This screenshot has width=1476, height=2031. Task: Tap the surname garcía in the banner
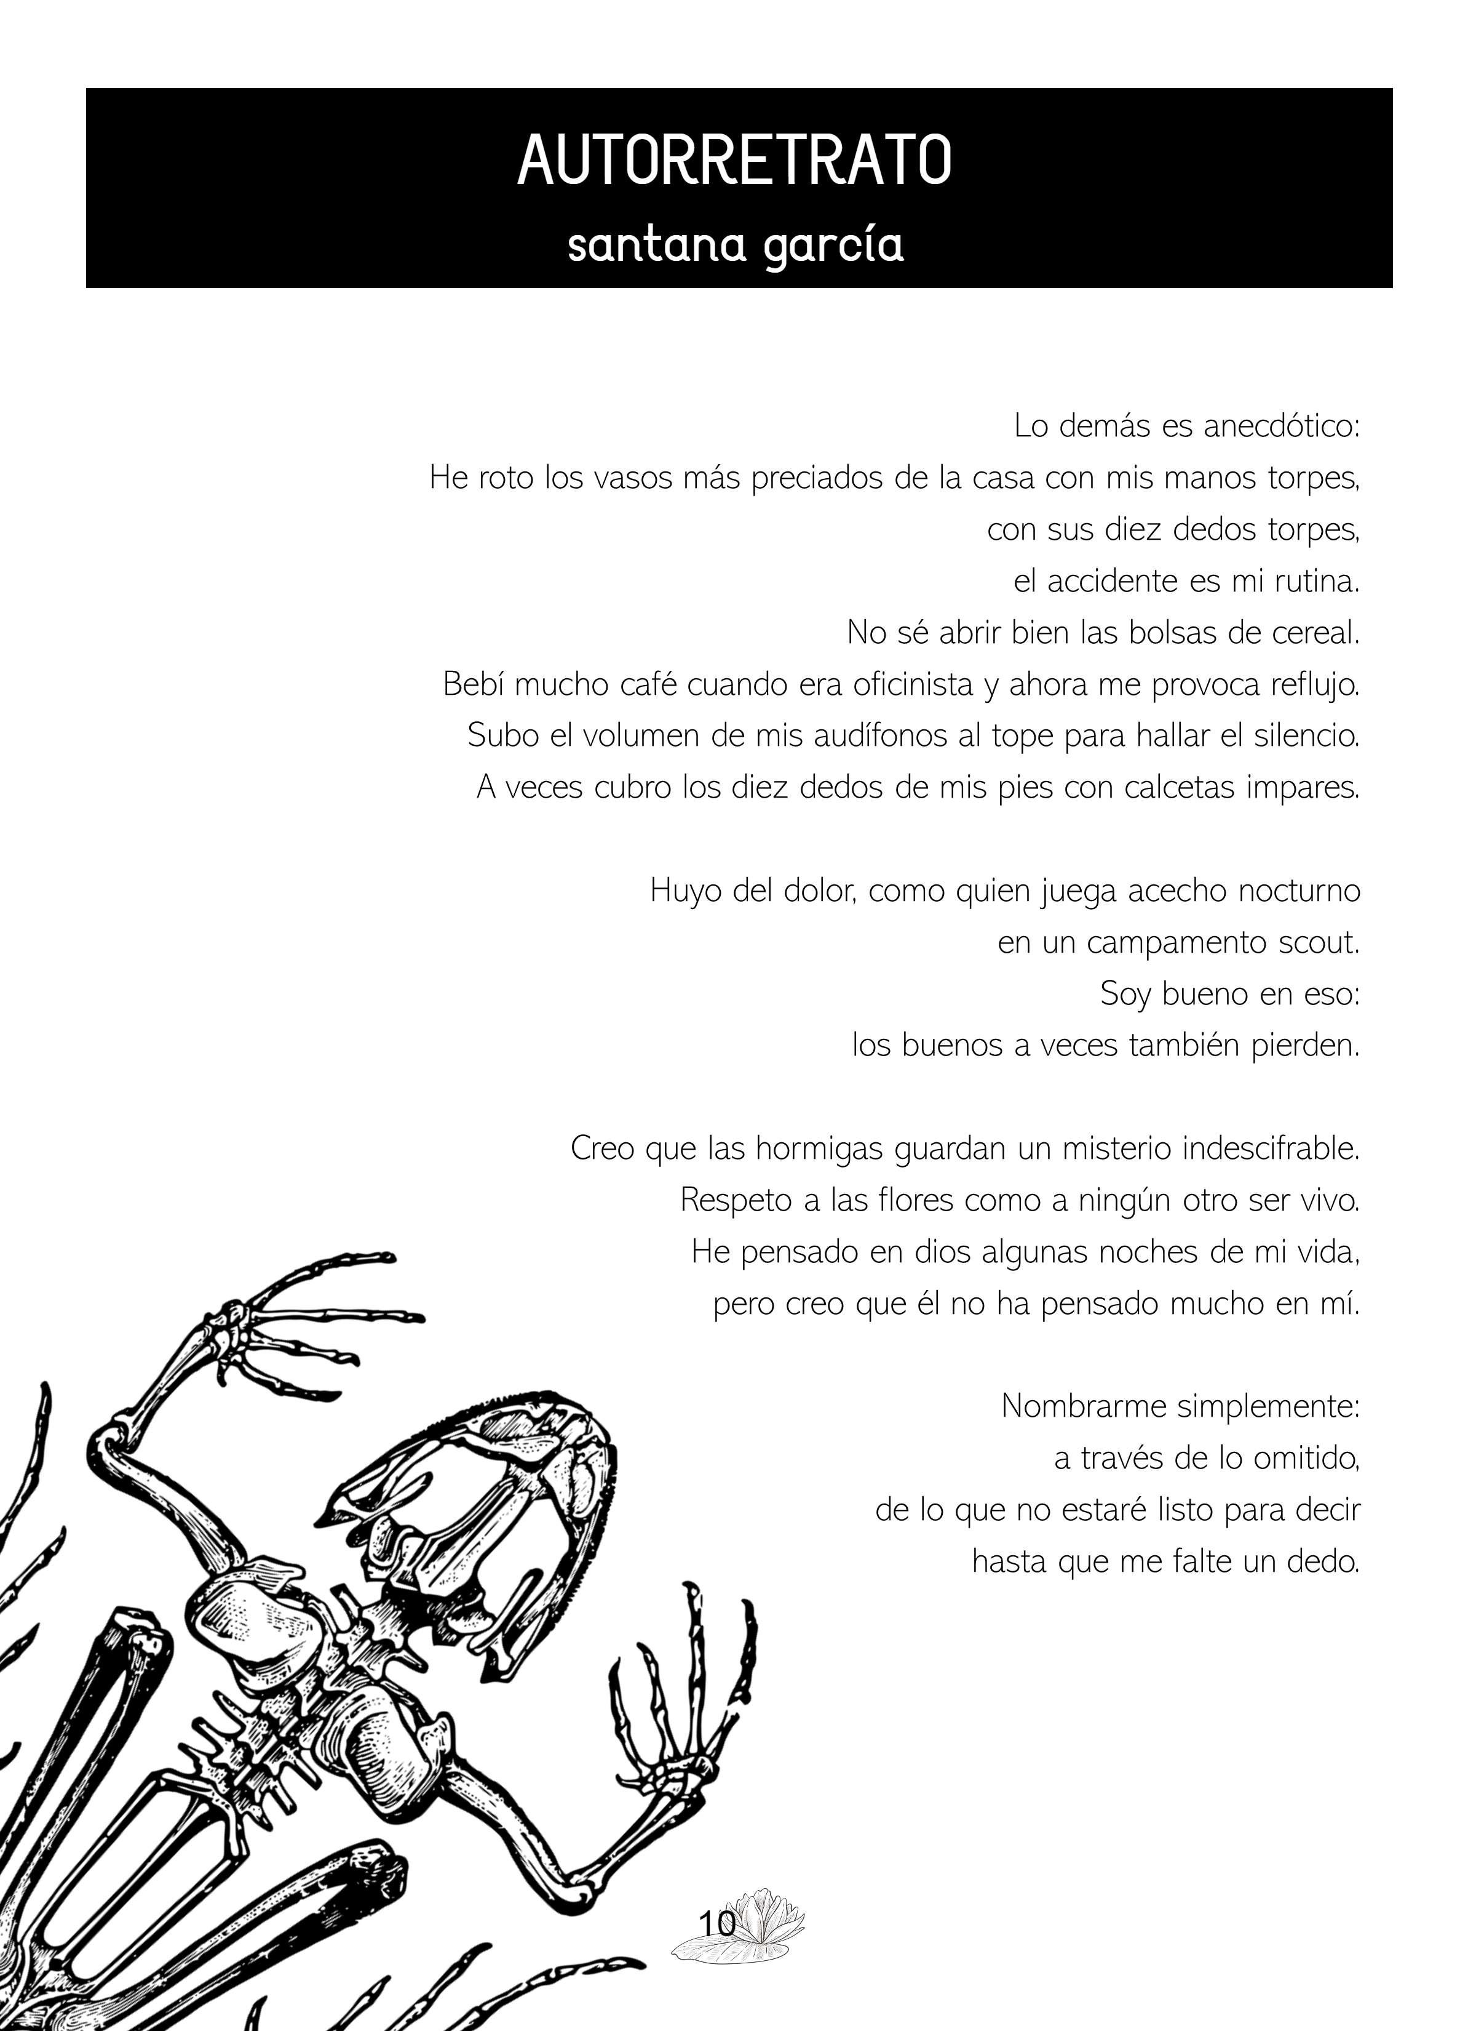point(833,244)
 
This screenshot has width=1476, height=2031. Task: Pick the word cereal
point(1315,633)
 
